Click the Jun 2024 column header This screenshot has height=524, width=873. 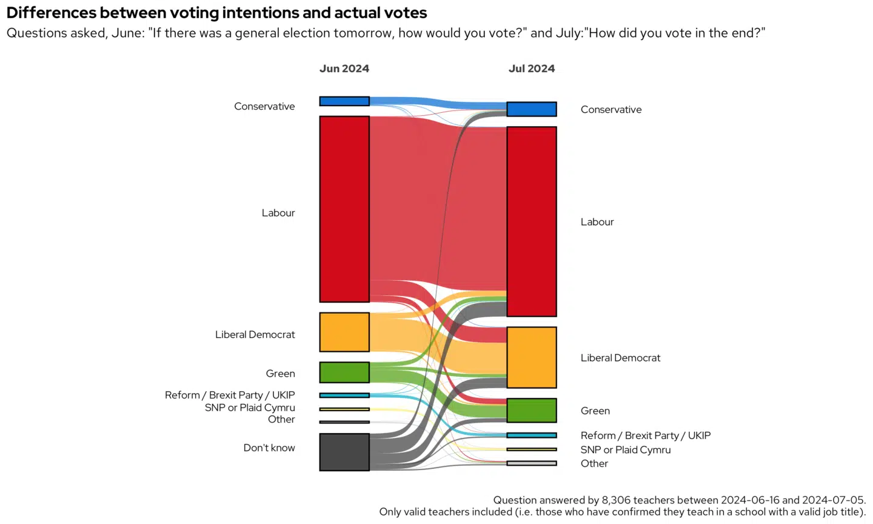344,69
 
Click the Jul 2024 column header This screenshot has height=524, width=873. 532,69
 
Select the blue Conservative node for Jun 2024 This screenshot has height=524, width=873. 344,101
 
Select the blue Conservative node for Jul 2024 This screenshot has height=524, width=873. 532,109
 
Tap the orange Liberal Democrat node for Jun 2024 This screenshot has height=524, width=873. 344,332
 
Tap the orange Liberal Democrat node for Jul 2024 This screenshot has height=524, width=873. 532,357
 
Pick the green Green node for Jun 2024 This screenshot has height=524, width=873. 344,372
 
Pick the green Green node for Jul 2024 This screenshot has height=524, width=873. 532,410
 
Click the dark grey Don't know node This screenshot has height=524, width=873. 344,452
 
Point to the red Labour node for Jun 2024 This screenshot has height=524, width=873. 344,209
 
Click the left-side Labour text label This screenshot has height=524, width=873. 278,213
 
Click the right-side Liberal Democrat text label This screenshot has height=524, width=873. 620,358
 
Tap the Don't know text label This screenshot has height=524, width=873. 269,448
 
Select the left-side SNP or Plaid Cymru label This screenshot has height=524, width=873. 250,408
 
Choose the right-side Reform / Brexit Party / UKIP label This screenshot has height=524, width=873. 645,435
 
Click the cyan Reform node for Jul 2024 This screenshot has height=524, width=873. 532,435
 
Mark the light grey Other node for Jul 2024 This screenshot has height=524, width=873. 532,463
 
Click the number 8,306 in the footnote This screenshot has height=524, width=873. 617,500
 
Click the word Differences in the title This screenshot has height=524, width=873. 52,13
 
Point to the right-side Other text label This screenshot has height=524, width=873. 594,463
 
